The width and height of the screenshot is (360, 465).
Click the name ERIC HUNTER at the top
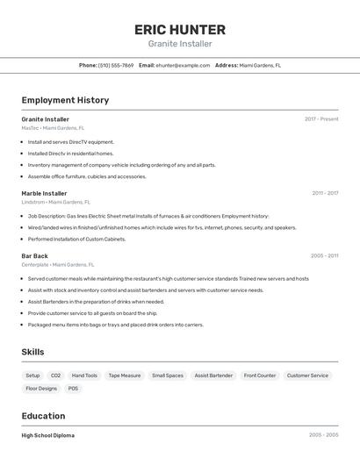(x=180, y=29)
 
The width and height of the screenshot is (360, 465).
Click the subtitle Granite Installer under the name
(x=180, y=44)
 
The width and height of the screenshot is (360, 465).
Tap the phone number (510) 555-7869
(x=116, y=65)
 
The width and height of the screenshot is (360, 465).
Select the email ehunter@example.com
(x=176, y=65)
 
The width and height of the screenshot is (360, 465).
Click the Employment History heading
(x=65, y=100)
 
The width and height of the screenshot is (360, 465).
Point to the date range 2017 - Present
(x=321, y=119)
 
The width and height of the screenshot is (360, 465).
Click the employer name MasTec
(x=30, y=128)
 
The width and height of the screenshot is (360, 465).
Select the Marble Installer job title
(x=44, y=193)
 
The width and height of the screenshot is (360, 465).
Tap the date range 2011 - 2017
(x=325, y=193)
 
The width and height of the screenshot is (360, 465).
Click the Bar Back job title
(x=34, y=256)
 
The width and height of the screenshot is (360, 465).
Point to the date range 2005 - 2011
(x=325, y=256)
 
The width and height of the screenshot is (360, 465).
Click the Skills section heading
(x=33, y=352)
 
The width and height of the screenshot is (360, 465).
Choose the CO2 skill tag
(x=55, y=376)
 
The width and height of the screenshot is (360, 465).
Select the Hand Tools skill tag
(x=84, y=376)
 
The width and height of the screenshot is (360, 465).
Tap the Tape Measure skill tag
(x=125, y=376)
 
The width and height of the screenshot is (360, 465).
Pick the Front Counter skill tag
(x=260, y=376)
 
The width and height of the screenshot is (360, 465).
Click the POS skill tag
(x=73, y=389)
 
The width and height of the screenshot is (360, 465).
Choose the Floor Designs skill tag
(x=41, y=389)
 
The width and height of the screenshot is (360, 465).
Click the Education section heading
(x=43, y=416)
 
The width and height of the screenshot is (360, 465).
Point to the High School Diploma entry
(x=48, y=435)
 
